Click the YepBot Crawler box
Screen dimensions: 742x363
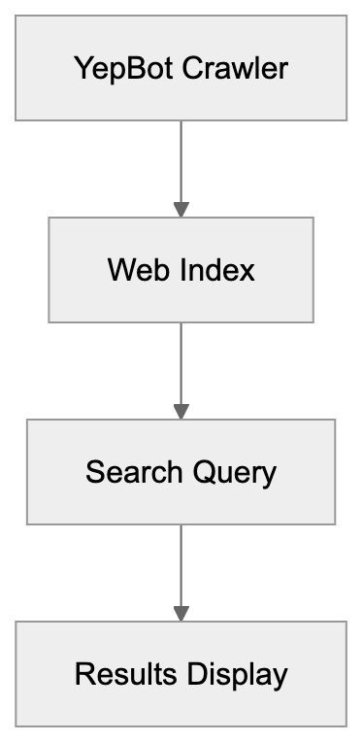click(x=181, y=69)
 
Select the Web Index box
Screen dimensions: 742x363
click(x=181, y=269)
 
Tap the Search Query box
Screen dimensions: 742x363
click(x=181, y=472)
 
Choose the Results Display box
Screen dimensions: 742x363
click(x=181, y=674)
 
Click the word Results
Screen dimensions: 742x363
click(x=115, y=674)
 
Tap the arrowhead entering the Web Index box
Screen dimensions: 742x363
click(x=181, y=209)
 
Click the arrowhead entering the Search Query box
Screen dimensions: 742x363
click(x=181, y=412)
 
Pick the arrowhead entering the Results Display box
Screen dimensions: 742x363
click(x=181, y=614)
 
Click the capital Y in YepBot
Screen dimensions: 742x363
click(x=82, y=69)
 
